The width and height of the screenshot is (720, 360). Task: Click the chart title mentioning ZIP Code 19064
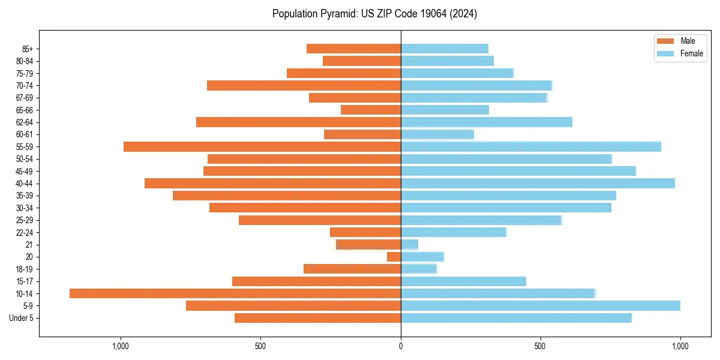point(374,14)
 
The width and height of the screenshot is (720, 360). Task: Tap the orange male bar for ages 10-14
point(235,293)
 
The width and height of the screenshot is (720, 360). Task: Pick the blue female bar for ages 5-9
point(540,305)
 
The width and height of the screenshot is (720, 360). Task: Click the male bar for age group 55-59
point(262,146)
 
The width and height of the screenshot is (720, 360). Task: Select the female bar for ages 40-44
point(538,183)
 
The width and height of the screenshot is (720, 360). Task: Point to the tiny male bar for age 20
point(394,257)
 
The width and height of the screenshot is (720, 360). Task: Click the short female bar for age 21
point(409,244)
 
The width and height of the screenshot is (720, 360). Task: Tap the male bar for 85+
point(353,49)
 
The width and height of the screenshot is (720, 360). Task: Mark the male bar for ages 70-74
point(304,85)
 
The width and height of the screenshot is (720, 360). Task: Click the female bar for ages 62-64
point(487,122)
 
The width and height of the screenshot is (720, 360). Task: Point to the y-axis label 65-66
point(25,110)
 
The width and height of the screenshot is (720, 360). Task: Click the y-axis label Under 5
point(21,318)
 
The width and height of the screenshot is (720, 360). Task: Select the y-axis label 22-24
point(25,232)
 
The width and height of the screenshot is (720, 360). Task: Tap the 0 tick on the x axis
point(401,346)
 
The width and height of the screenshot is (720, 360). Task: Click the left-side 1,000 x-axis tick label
point(121,346)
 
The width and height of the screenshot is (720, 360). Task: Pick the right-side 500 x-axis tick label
point(541,346)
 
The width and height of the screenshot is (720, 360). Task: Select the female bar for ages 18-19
point(419,269)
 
